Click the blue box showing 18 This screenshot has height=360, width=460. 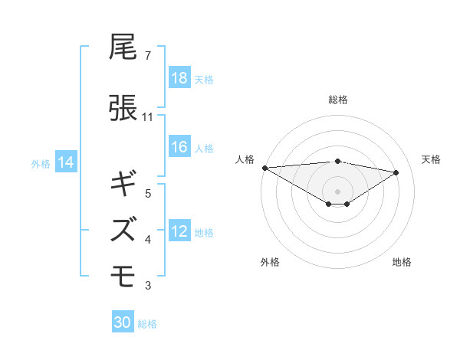pyautogui.click(x=179, y=79)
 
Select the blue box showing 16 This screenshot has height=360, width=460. pyautogui.click(x=179, y=148)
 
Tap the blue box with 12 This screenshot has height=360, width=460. pyautogui.click(x=179, y=232)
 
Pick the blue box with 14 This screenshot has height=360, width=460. pyautogui.click(x=66, y=162)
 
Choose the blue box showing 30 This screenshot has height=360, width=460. pyautogui.click(x=123, y=322)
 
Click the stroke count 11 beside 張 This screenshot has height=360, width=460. pyautogui.click(x=148, y=117)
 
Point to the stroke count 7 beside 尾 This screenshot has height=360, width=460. pyautogui.click(x=147, y=56)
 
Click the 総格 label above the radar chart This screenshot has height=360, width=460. pyautogui.click(x=337, y=100)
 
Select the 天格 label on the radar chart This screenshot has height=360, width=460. pyautogui.click(x=432, y=159)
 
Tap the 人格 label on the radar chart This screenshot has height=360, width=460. pyautogui.click(x=245, y=159)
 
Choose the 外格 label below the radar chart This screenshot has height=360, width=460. pyautogui.click(x=270, y=262)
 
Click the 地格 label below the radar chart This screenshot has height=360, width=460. pyautogui.click(x=402, y=262)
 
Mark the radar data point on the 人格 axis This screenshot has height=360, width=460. pyautogui.click(x=264, y=167)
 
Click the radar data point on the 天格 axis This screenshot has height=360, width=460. pyautogui.click(x=396, y=172)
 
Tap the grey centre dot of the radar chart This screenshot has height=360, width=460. pyautogui.click(x=337, y=190)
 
